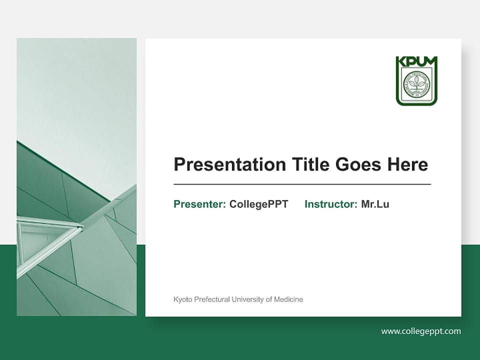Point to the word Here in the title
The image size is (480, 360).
coord(408,164)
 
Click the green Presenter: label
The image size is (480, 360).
coord(199,204)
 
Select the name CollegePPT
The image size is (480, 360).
coord(258,204)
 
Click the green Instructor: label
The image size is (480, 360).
coord(330,204)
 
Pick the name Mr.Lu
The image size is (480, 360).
coord(375,204)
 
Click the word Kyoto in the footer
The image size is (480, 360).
coord(181,299)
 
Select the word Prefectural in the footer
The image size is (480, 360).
coord(210,299)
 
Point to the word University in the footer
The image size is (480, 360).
coord(248,299)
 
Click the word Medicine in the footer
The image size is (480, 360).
coord(288,299)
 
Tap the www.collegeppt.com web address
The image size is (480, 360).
coord(421,331)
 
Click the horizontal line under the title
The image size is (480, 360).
coord(302,184)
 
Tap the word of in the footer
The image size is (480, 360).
coord(269,299)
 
